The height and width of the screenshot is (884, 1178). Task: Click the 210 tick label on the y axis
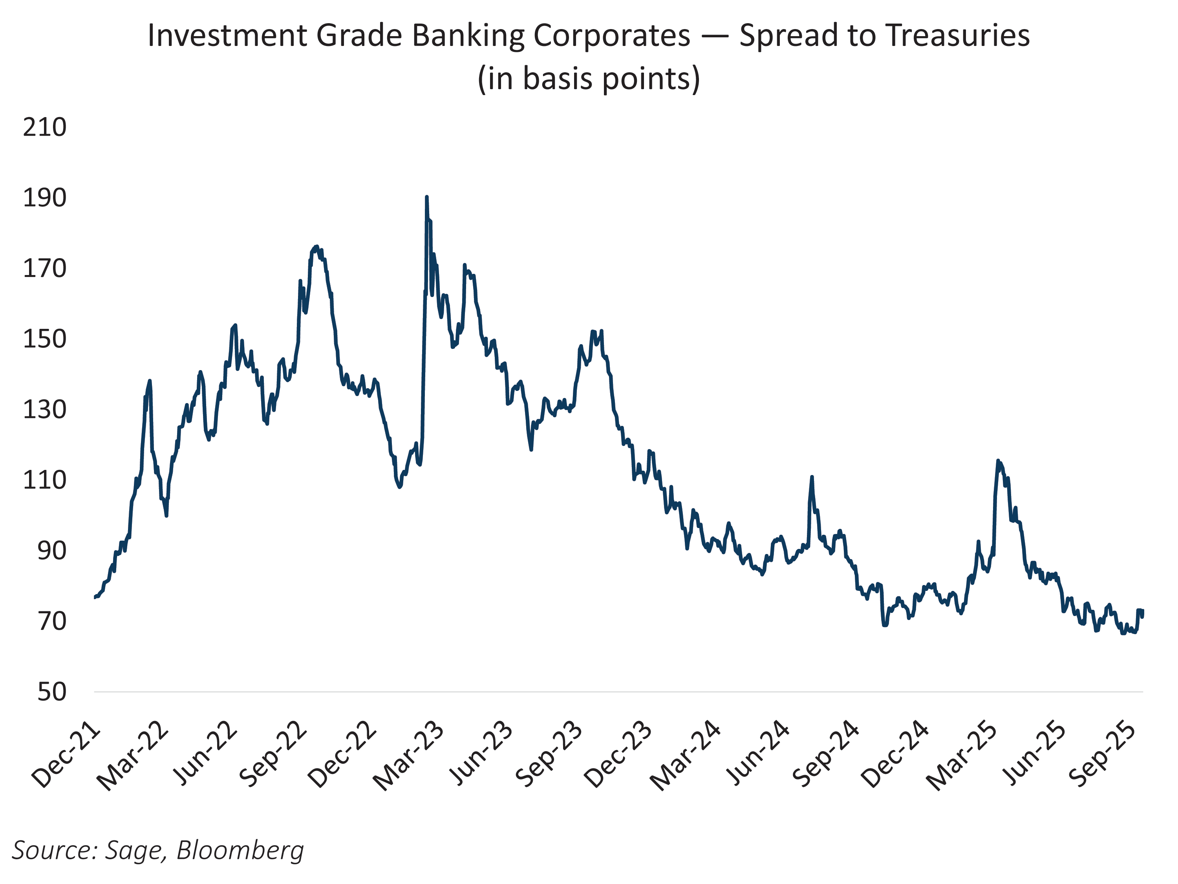(x=45, y=127)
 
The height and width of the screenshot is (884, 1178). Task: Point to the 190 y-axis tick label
(x=45, y=198)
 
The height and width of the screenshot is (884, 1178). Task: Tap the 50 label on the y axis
(x=52, y=692)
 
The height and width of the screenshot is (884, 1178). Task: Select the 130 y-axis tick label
(x=45, y=410)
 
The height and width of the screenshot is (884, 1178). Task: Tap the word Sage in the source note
(x=136, y=851)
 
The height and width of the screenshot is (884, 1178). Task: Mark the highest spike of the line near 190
(x=426, y=197)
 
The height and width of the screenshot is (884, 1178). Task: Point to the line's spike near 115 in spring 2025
(x=997, y=462)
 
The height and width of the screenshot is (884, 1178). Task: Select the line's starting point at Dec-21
(x=95, y=597)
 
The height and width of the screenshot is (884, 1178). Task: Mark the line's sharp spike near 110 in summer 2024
(x=812, y=477)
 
